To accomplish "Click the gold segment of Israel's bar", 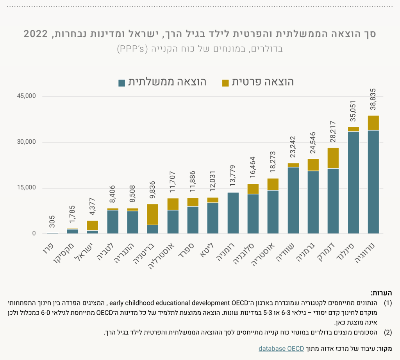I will (x=93, y=225).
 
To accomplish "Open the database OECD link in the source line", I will (x=281, y=348).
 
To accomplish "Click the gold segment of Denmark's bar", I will (x=333, y=158).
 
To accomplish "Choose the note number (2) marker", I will (x=388, y=332).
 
